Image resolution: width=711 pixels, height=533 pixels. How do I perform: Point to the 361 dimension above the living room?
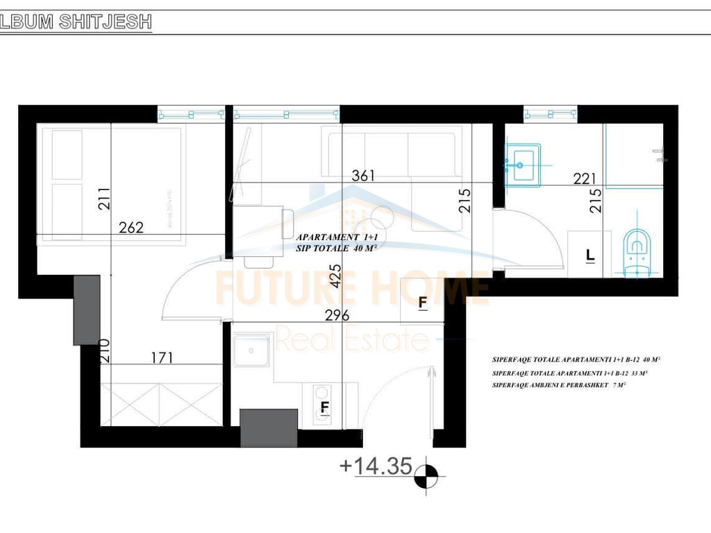point(363,176)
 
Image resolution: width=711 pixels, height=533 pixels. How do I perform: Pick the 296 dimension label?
point(337,315)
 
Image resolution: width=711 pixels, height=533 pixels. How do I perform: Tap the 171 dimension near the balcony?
point(161,358)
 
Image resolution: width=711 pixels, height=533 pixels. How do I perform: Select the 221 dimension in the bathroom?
point(585,179)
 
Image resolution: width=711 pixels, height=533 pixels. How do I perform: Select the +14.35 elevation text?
point(376,465)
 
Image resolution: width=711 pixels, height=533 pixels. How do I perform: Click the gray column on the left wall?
point(87,310)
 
